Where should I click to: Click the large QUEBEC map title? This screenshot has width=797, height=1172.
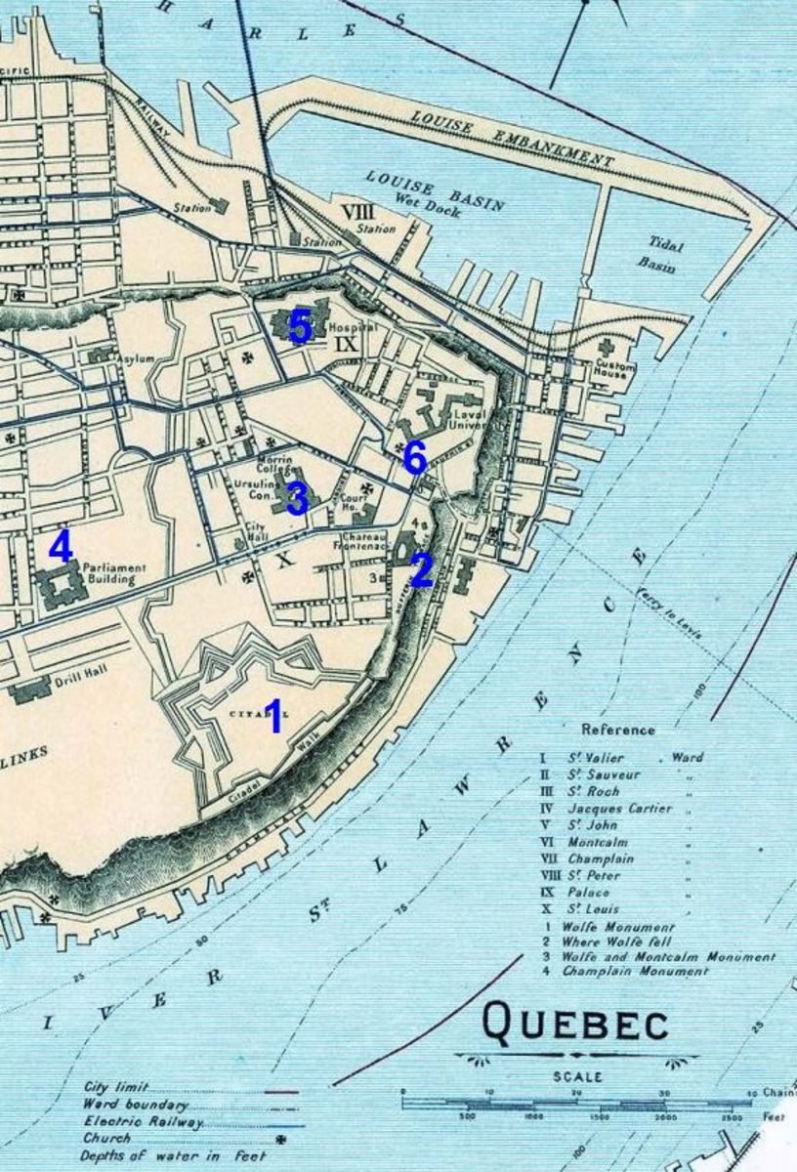click(576, 1025)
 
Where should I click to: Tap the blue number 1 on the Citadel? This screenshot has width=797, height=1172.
click(274, 717)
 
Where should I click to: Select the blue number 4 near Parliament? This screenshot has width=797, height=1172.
click(61, 545)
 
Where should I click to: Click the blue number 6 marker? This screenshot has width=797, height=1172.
click(414, 456)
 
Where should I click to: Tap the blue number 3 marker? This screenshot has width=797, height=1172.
click(297, 498)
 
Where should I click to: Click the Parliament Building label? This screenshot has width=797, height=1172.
click(115, 573)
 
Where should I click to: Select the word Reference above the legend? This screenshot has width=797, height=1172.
click(618, 730)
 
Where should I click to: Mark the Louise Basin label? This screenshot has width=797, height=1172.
click(434, 190)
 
